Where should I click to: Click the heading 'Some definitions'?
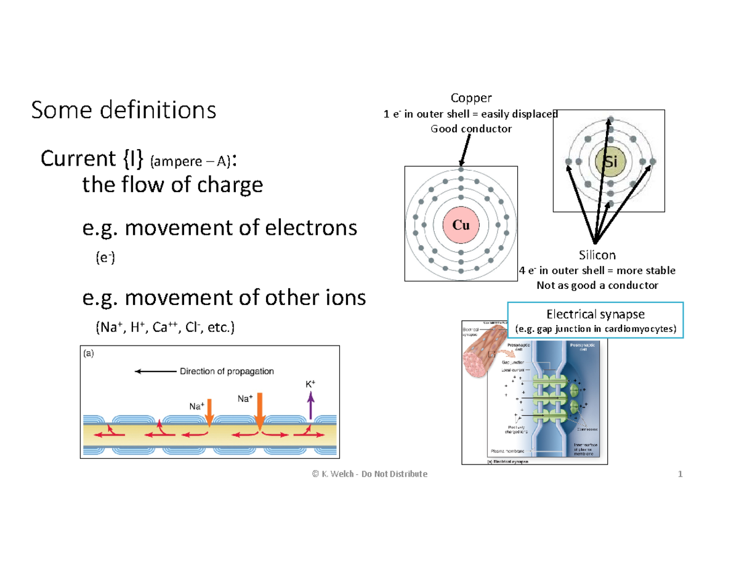124,111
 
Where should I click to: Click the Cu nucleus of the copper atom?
461,225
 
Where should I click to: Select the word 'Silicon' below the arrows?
596,255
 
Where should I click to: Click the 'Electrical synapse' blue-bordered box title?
596,314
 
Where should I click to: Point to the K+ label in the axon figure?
310,384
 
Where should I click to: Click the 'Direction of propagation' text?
227,371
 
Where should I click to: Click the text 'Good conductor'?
471,129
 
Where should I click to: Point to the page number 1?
680,474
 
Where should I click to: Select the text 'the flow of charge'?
172,185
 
